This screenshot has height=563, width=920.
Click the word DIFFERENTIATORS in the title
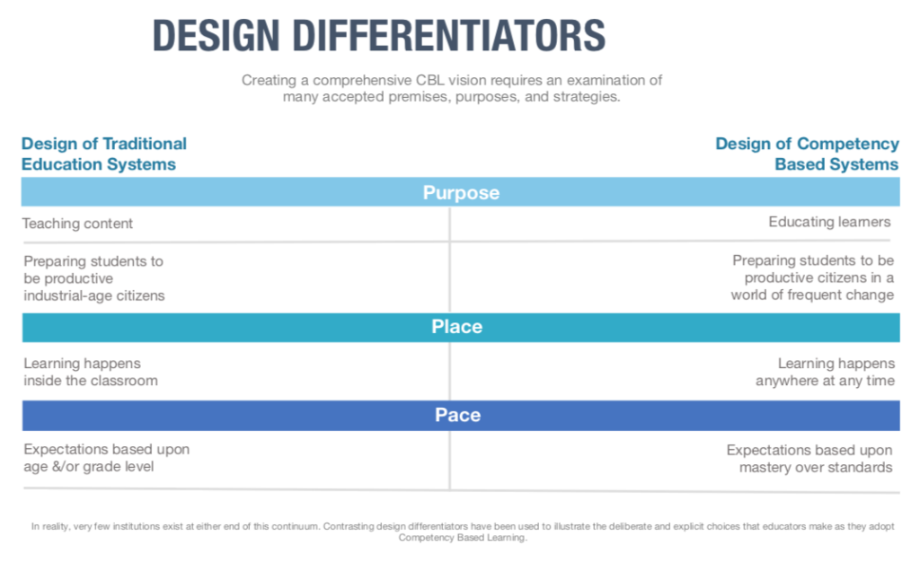click(449, 35)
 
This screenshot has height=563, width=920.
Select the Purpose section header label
click(461, 192)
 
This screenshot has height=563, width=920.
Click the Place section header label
click(457, 326)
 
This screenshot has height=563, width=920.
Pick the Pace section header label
click(457, 415)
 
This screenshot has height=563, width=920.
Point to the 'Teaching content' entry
click(77, 224)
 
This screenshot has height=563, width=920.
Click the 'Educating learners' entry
click(829, 222)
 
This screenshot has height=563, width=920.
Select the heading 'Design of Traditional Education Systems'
click(104, 154)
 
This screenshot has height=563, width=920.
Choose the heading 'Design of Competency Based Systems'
click(808, 154)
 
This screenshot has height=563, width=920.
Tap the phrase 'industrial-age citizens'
click(93, 295)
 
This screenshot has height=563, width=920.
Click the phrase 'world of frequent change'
click(812, 295)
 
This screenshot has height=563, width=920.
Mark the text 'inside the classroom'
click(91, 381)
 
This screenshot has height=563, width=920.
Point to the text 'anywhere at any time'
click(825, 381)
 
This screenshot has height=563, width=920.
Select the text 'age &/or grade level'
click(89, 466)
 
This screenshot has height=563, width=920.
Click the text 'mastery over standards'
click(816, 468)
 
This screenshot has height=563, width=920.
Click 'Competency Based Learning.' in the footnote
click(463, 537)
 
